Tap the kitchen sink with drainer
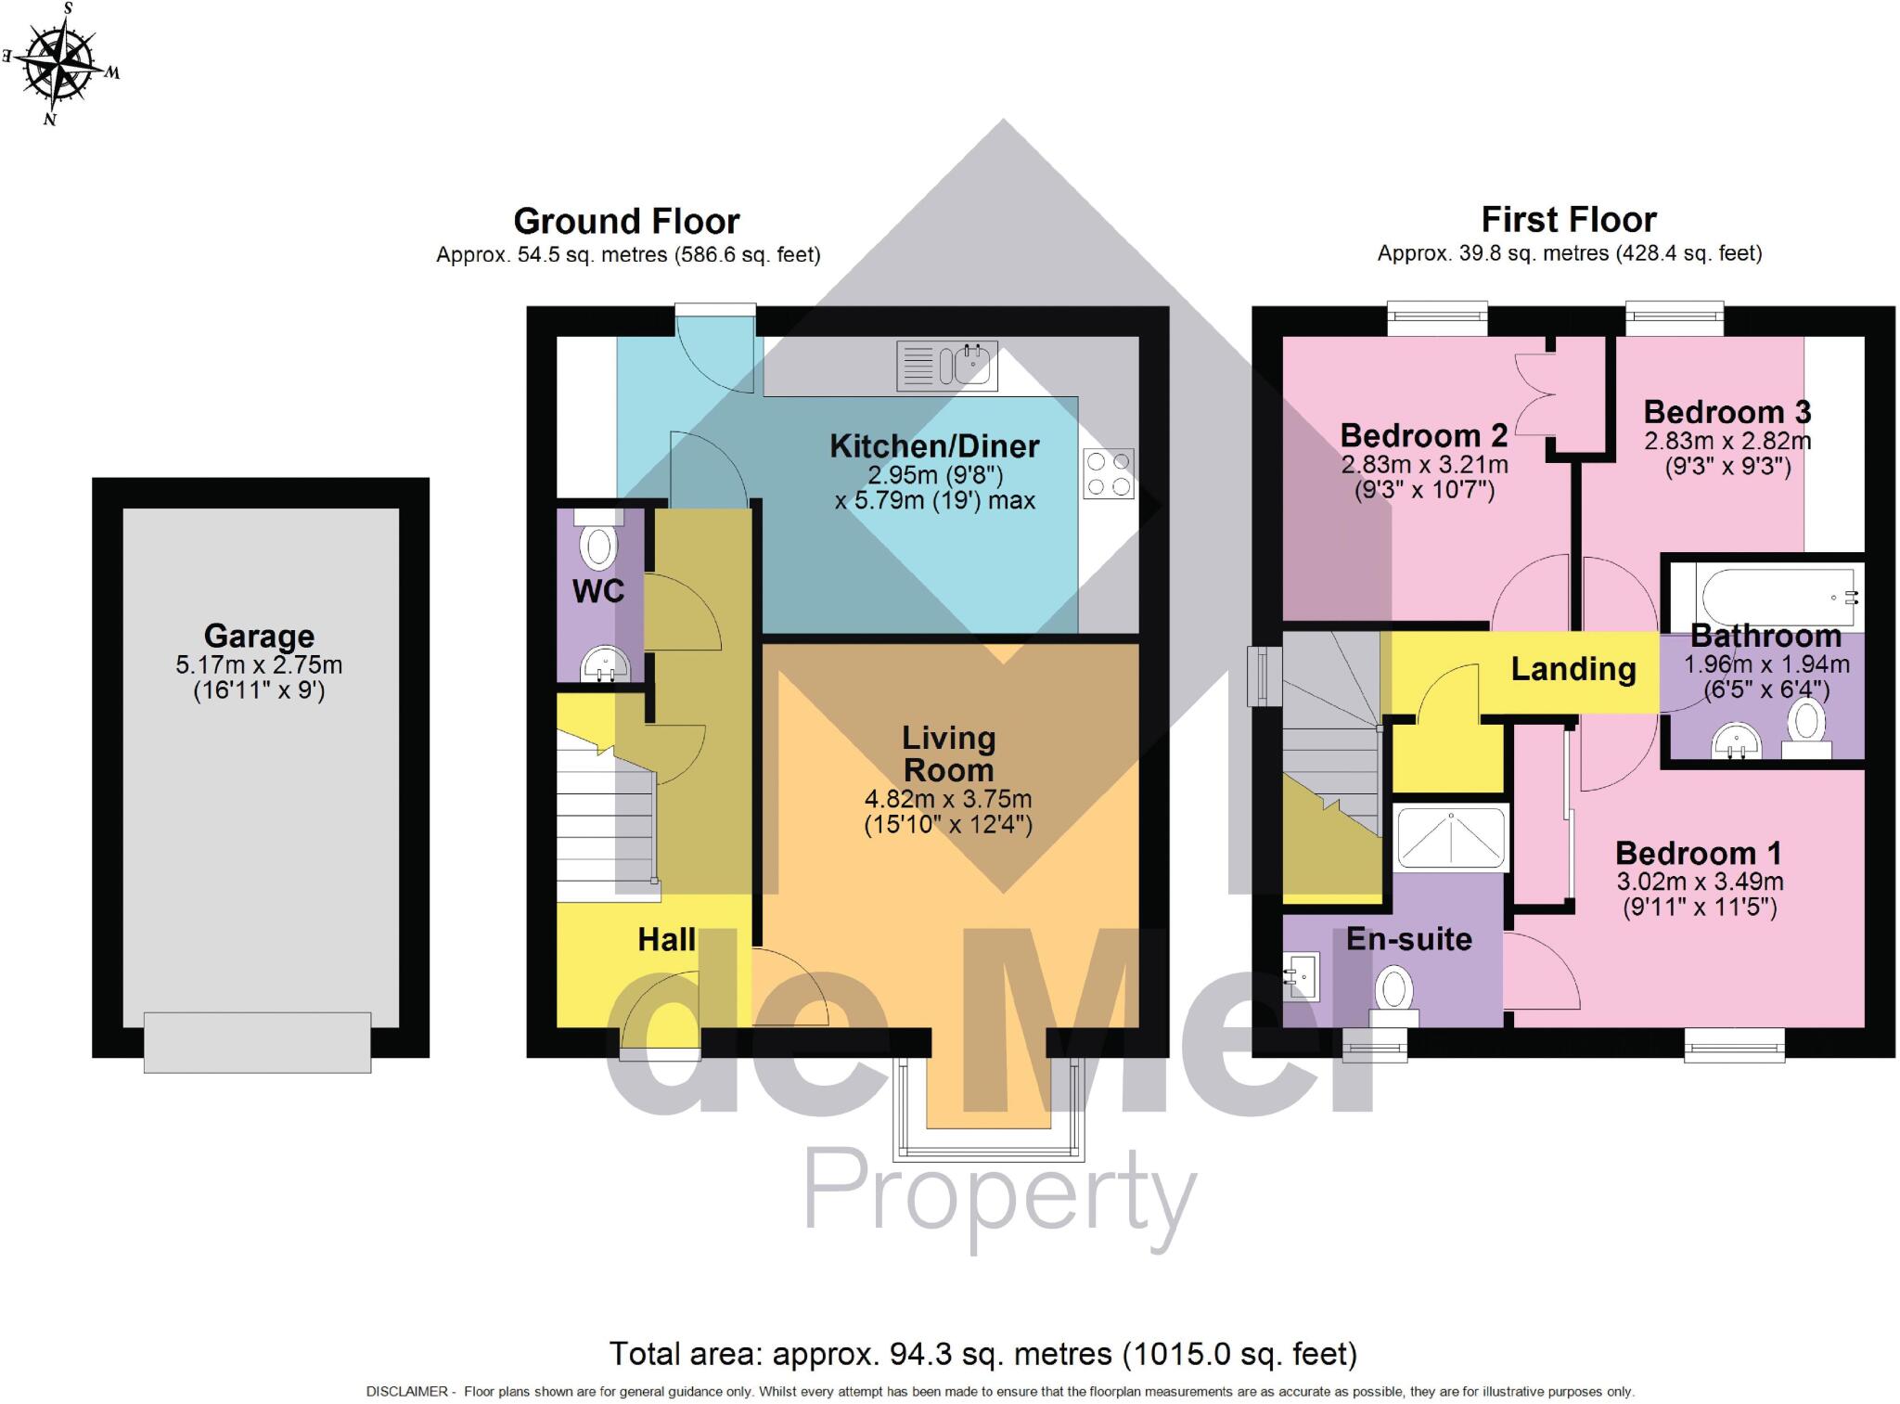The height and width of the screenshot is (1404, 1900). (x=947, y=366)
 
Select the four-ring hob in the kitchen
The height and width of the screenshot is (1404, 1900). (x=1108, y=474)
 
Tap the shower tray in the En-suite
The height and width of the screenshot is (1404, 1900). (x=1451, y=837)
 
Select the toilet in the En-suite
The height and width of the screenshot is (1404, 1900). (x=1393, y=995)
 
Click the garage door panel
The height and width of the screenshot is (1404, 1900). (x=257, y=1043)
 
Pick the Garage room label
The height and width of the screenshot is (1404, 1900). (x=259, y=637)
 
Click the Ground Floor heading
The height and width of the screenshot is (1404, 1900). (x=626, y=222)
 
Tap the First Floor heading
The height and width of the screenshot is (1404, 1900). (x=1568, y=220)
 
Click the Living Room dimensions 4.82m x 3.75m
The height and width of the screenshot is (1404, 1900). (x=947, y=799)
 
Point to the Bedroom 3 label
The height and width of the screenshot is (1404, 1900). (x=1727, y=412)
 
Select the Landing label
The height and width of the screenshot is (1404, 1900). (x=1573, y=669)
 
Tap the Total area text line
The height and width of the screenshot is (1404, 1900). (x=982, y=1354)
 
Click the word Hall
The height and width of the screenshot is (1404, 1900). (x=666, y=939)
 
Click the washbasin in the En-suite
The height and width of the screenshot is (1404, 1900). (x=1302, y=976)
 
